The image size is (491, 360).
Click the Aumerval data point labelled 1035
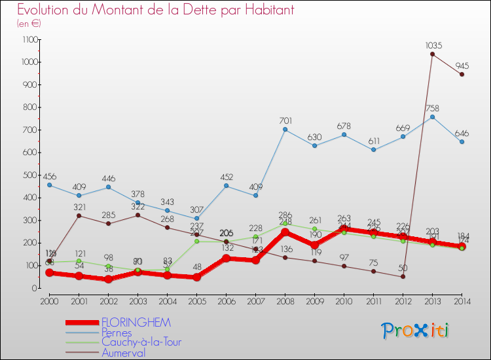[x=432, y=54]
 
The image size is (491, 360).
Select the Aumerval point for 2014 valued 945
[x=462, y=74]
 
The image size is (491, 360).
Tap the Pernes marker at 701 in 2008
[x=285, y=129]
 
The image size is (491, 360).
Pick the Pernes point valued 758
[x=432, y=117]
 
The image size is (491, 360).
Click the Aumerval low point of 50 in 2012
[x=403, y=276]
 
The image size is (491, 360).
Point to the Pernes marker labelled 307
[x=196, y=218]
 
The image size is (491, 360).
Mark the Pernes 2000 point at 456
[x=49, y=185]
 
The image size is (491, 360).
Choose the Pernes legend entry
[x=116, y=333]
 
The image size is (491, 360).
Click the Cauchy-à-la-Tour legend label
[x=141, y=342]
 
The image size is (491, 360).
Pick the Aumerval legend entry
[x=123, y=353]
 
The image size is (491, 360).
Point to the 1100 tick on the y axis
[x=30, y=39]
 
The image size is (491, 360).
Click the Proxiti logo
[x=416, y=331]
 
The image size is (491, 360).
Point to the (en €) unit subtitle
[x=29, y=23]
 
